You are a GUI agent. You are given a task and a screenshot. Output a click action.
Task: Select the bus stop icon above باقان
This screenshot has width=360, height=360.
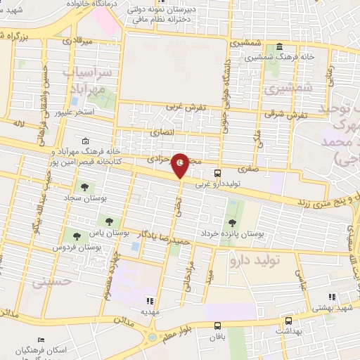pos(218,326)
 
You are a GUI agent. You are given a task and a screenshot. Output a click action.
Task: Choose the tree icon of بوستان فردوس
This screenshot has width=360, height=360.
pos(75,236)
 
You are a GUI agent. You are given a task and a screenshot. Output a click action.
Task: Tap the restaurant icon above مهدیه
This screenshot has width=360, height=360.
pos(149,298)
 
